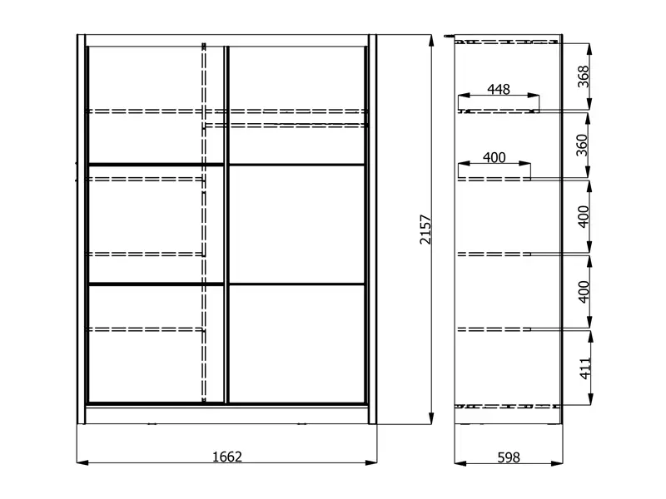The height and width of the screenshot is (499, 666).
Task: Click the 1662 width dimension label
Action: pos(227,457)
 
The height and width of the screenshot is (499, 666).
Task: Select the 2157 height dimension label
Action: pos(425,230)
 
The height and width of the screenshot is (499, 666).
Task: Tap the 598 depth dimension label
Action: pos(509,457)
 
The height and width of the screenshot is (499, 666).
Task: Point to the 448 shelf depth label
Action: pos(499,89)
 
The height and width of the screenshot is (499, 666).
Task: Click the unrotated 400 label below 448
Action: pos(494,157)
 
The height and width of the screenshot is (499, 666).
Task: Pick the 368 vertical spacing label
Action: pos(584,77)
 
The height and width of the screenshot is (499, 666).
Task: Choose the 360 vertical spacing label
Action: pos(582,145)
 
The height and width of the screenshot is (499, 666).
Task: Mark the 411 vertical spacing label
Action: pos(585,368)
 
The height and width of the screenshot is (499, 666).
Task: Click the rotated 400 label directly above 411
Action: pos(584,292)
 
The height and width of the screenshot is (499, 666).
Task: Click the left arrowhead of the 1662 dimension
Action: pos(82,462)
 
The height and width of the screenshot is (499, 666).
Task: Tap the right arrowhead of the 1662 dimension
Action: pos(371,462)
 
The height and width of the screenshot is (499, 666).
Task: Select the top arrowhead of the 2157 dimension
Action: pos(431,40)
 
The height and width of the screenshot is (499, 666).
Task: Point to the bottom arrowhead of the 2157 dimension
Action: pos(431,418)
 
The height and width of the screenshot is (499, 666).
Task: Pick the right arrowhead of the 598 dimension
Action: pos(557,463)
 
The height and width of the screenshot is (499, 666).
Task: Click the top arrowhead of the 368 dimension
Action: pos(589,49)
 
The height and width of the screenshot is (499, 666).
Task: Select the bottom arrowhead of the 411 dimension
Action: pos(590,399)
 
